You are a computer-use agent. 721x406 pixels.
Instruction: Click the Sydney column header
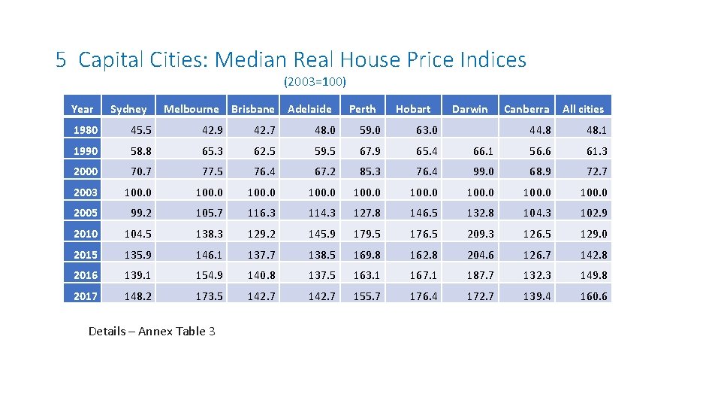(x=128, y=109)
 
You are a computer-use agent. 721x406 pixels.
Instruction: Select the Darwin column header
(x=469, y=109)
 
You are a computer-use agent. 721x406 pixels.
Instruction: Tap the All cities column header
(x=583, y=109)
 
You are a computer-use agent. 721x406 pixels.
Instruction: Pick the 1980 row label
(x=85, y=130)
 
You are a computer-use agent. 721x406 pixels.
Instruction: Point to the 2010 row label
(x=85, y=234)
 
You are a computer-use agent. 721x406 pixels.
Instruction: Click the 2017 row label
(x=85, y=296)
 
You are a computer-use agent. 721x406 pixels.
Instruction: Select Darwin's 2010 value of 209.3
(x=481, y=234)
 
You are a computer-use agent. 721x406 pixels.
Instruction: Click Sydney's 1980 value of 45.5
(x=135, y=130)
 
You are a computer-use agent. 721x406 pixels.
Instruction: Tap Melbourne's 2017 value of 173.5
(x=208, y=296)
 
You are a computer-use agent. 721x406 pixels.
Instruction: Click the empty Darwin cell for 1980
(x=469, y=130)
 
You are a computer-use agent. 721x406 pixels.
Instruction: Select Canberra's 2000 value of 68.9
(x=537, y=171)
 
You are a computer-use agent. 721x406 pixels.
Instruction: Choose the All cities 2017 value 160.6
(x=593, y=296)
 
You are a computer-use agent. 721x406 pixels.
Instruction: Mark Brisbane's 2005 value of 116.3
(x=261, y=213)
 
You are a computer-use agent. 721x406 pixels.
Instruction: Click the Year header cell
(x=82, y=109)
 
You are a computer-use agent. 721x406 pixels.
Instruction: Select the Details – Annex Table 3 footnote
(x=152, y=331)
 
